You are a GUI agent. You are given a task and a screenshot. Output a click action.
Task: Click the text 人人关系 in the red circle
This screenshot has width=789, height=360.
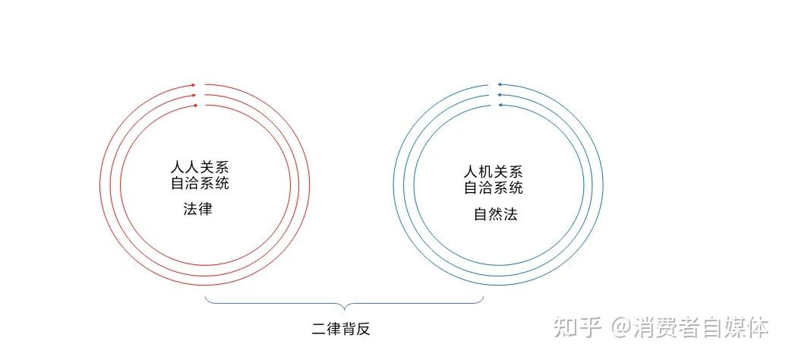(x=200, y=167)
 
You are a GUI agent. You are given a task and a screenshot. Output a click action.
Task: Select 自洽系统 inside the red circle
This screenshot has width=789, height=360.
(x=200, y=183)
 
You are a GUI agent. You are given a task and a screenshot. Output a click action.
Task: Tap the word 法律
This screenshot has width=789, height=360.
(x=197, y=209)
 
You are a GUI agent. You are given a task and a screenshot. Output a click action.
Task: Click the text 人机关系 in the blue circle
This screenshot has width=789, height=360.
(x=493, y=172)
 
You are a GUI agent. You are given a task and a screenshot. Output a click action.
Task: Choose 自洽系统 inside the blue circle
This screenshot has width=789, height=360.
(x=493, y=188)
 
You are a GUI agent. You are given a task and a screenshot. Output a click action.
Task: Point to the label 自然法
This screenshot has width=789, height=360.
(x=496, y=214)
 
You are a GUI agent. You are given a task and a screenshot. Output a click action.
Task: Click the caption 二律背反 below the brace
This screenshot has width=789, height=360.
(x=341, y=330)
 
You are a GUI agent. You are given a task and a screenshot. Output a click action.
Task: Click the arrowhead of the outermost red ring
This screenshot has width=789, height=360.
(x=194, y=85)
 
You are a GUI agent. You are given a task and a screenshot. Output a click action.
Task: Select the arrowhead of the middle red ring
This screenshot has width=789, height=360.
(x=194, y=95)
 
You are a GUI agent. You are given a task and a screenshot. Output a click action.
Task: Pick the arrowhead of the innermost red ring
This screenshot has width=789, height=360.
(x=194, y=106)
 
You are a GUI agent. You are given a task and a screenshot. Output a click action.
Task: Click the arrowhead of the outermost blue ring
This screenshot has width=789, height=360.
(x=500, y=85)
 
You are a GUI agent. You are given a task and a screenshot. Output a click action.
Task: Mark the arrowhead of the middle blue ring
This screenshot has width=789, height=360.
(x=500, y=95)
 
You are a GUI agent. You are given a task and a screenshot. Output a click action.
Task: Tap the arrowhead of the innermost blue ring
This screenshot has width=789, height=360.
(x=500, y=105)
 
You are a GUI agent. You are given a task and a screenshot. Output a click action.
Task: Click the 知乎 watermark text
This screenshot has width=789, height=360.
(x=578, y=327)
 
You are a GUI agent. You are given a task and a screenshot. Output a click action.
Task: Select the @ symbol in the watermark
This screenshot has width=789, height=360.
(x=622, y=328)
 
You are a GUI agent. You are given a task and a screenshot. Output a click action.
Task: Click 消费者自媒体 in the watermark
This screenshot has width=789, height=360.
(x=701, y=327)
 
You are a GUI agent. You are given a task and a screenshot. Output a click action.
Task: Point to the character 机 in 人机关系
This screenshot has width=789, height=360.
(x=485, y=172)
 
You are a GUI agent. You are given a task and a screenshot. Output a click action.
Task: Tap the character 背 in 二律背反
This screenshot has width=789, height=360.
(x=349, y=330)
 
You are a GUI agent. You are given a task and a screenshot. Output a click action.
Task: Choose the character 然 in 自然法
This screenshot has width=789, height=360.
(x=496, y=214)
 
